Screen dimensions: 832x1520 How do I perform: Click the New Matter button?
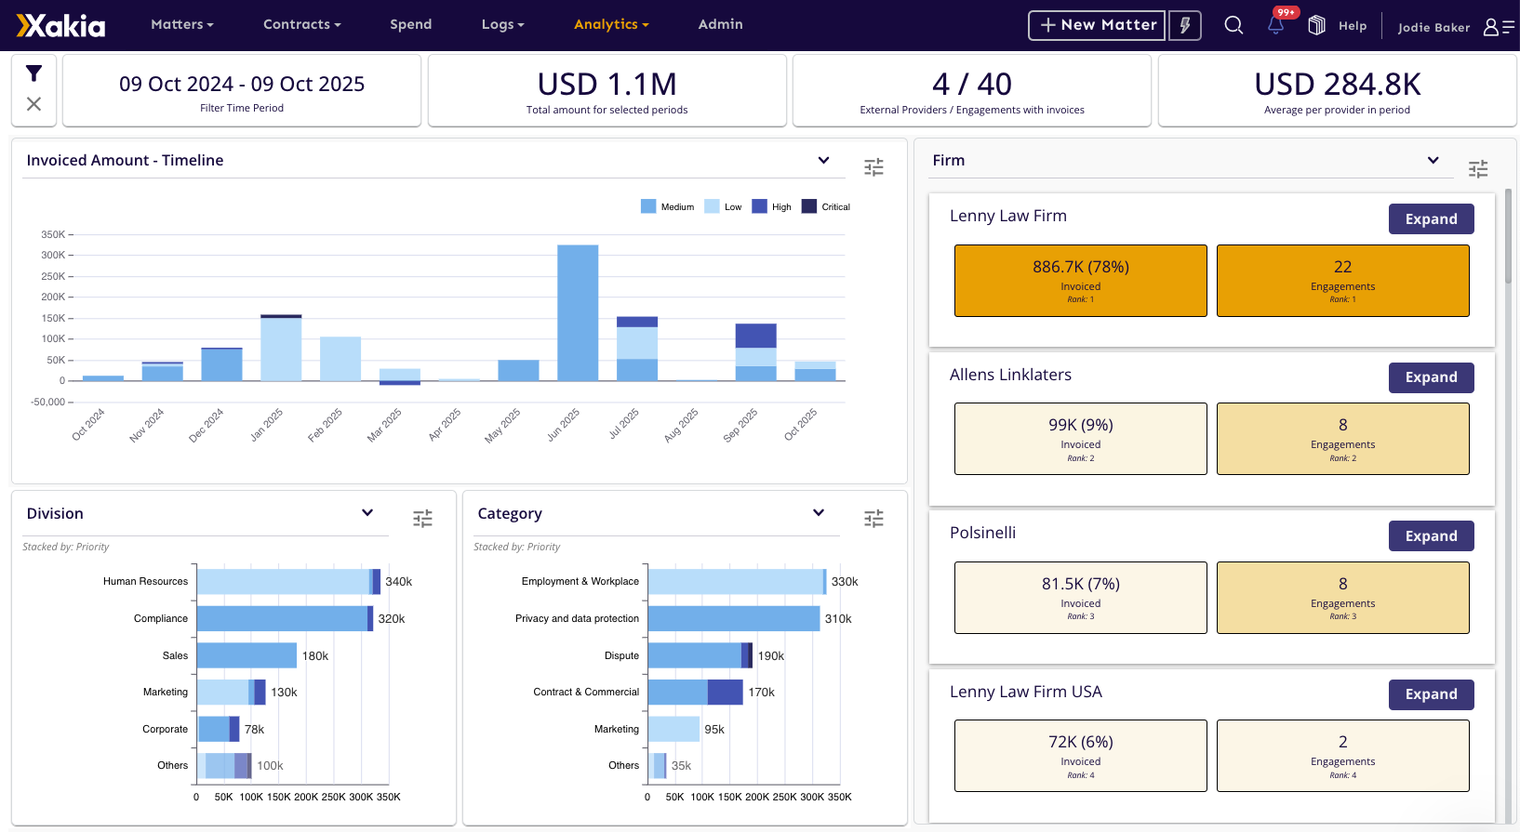[1097, 25]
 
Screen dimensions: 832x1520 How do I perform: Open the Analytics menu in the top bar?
[610, 24]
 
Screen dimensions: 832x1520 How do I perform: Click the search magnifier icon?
[1233, 25]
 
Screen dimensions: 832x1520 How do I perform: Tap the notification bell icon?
[1275, 25]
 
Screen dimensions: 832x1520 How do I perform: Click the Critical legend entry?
[826, 206]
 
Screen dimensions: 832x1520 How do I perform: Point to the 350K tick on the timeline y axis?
[53, 234]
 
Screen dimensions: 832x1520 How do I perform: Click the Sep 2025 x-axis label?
[741, 425]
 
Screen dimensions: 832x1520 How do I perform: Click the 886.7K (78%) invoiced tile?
[1080, 280]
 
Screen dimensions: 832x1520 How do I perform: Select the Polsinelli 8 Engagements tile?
[1342, 597]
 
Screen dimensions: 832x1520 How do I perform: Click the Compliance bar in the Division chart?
[284, 618]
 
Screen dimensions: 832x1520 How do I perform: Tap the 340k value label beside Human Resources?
[398, 582]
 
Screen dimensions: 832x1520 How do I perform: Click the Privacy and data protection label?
[577, 618]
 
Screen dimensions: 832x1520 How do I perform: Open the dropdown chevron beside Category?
[819, 513]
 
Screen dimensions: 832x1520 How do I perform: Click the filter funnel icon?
[33, 73]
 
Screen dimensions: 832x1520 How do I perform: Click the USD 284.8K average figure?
[1337, 85]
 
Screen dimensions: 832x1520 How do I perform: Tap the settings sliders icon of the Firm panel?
[1477, 168]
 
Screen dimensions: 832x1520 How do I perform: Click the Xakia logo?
[61, 25]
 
